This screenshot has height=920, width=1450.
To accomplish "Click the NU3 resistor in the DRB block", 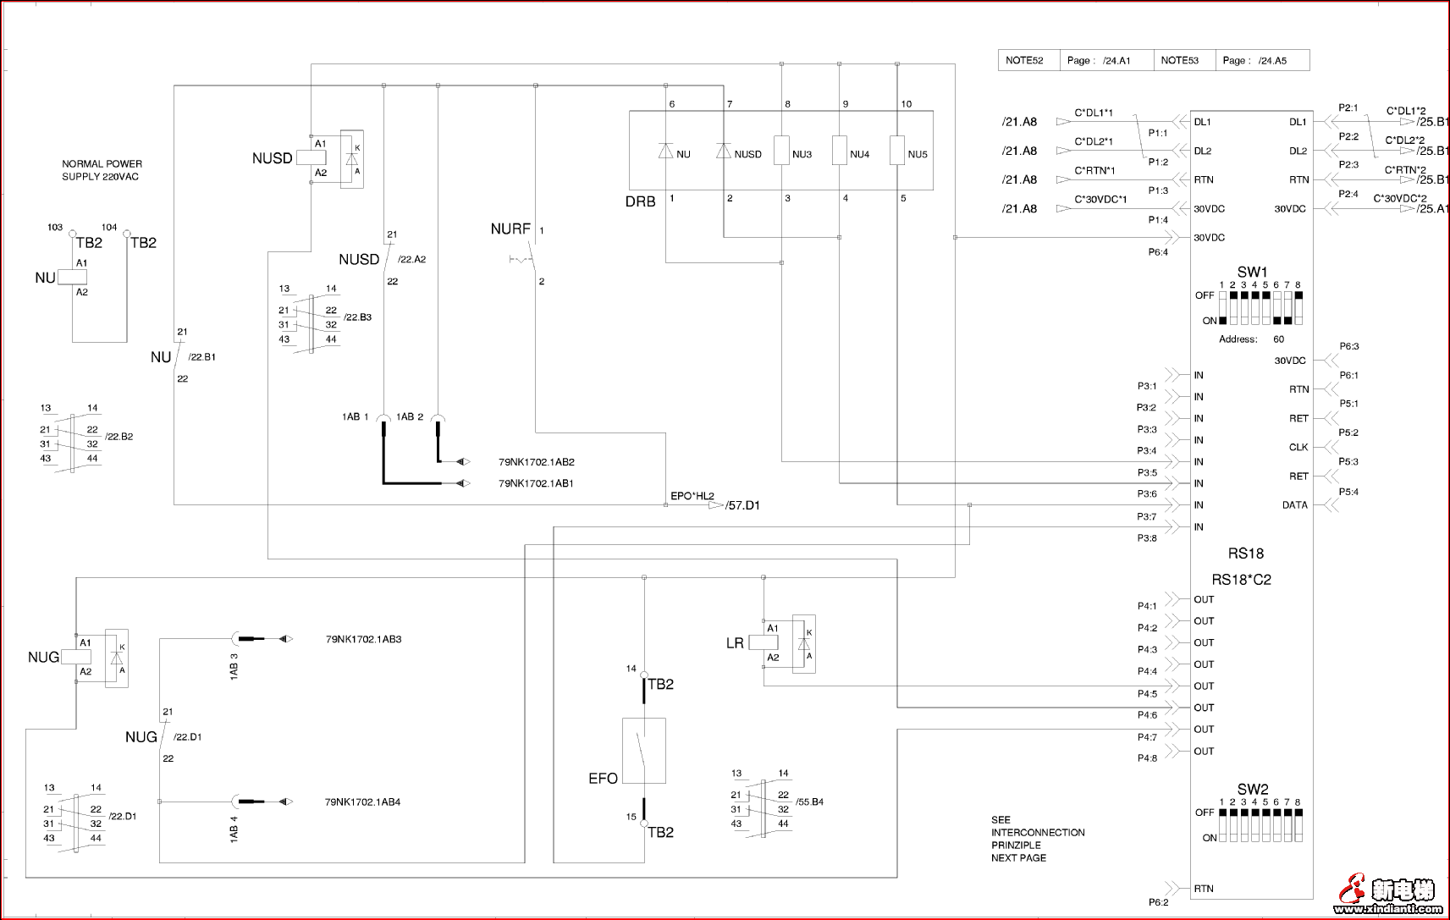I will [781, 150].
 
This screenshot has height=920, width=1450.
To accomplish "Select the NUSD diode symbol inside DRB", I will [723, 151].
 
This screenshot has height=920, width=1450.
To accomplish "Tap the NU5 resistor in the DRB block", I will [897, 150].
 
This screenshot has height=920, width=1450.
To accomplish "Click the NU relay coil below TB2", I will [73, 278].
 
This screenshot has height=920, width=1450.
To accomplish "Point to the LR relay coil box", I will [764, 642].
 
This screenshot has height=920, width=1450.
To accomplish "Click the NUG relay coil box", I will [76, 657].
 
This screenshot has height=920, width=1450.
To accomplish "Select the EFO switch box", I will [643, 750].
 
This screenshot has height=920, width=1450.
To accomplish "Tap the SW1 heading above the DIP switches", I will [1252, 273].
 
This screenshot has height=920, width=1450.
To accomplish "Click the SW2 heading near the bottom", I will [1252, 789].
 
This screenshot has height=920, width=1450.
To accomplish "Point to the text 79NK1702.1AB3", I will [363, 640].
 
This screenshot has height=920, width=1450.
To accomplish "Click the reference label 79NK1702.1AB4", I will [362, 802].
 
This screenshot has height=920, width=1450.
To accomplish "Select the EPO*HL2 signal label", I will [692, 496].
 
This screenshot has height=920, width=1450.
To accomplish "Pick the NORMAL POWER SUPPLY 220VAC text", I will [102, 170].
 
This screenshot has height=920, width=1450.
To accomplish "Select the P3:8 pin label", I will [1146, 538].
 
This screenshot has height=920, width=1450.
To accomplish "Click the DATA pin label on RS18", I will [1294, 505].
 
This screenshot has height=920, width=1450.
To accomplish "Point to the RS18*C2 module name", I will [1241, 580].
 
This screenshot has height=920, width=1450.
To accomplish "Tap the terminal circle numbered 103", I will [73, 233].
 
